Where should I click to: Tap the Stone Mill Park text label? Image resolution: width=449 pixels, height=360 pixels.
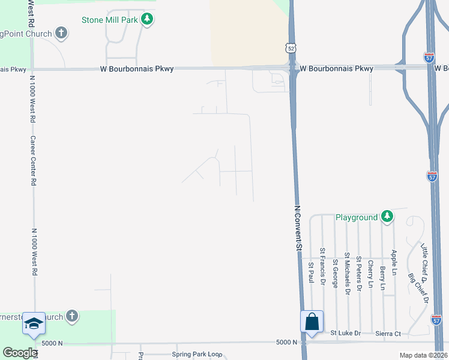110,20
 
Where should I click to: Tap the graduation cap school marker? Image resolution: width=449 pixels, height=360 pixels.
34,324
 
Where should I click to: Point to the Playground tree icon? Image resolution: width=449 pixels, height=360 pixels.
388,217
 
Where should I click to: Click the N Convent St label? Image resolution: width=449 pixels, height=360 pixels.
297,228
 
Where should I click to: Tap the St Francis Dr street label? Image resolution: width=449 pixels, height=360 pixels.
322,265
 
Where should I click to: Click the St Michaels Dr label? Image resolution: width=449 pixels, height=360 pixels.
346,274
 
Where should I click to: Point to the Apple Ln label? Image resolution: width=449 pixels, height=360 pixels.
394,262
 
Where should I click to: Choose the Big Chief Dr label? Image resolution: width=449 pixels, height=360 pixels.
418,287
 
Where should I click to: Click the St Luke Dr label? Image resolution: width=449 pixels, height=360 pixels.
346,332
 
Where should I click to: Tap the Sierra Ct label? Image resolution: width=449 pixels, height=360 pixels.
388,333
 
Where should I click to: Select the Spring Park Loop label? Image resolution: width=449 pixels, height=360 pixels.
197,355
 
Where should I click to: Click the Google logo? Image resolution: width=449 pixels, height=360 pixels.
20,353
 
